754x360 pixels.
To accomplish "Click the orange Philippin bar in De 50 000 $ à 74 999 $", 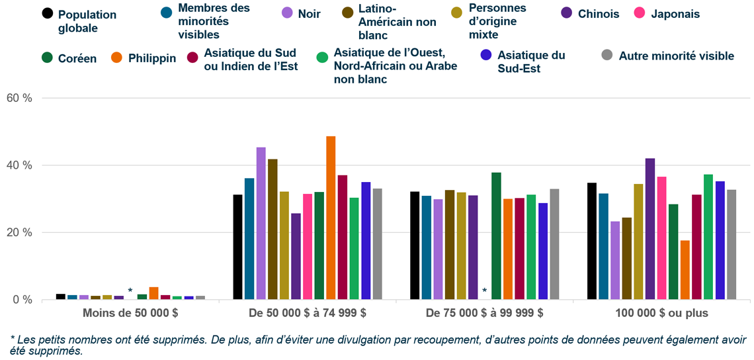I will pyautogui.click(x=331, y=218).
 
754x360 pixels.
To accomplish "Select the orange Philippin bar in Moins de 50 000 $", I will pyautogui.click(x=153, y=293).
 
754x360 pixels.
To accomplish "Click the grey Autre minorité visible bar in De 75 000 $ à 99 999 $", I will pyautogui.click(x=554, y=244).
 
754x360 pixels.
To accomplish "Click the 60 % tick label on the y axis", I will pyautogui.click(x=19, y=98).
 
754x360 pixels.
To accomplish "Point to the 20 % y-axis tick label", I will pyautogui.click(x=19, y=232).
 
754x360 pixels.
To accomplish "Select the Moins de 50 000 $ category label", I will pyautogui.click(x=130, y=313).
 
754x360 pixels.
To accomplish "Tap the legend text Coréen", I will pyautogui.click(x=77, y=58).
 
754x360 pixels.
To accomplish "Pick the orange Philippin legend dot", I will pyautogui.click(x=116, y=58).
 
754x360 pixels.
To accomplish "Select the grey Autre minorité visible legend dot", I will pyautogui.click(x=607, y=56).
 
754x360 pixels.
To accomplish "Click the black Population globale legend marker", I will pyautogui.click(x=47, y=13).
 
